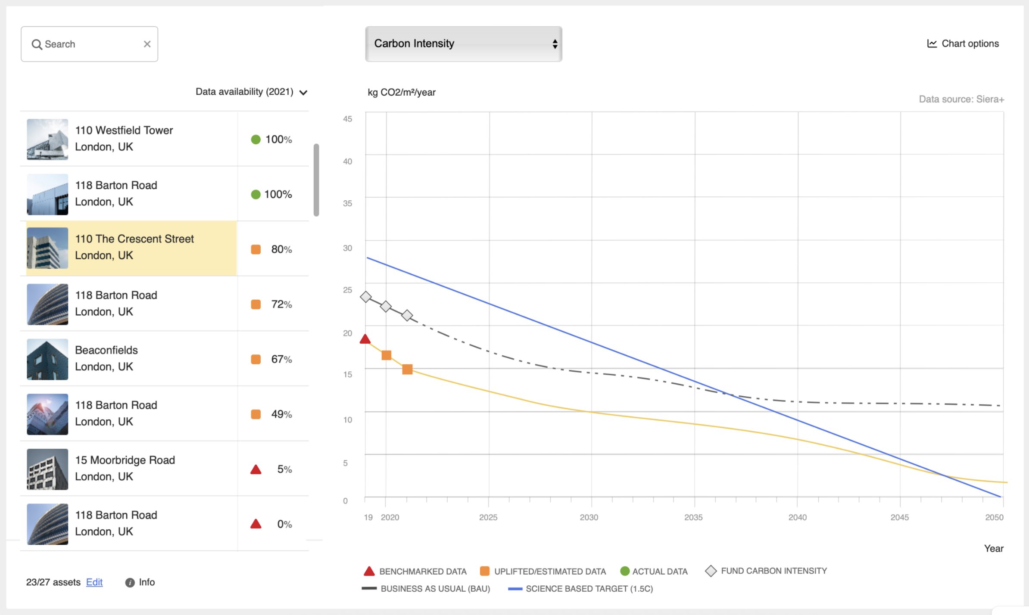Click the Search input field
click(x=89, y=44)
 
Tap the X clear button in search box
click(x=147, y=44)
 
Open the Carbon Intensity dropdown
click(x=464, y=44)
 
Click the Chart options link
click(x=963, y=43)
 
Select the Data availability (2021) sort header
click(x=252, y=92)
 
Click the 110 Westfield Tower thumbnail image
click(x=47, y=140)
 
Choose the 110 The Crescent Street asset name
click(x=134, y=239)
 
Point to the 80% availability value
click(x=281, y=249)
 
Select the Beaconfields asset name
click(x=106, y=350)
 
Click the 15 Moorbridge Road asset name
click(x=125, y=460)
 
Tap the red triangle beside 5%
click(x=256, y=469)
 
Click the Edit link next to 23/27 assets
click(x=94, y=582)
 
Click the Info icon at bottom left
click(x=130, y=583)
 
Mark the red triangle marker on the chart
click(x=365, y=339)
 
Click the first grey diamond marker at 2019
click(x=366, y=297)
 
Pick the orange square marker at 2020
click(x=387, y=355)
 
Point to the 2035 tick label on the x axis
click(x=693, y=517)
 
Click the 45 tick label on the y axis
click(x=347, y=119)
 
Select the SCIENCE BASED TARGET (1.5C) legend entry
click(x=580, y=589)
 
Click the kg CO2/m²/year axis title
click(x=402, y=92)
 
